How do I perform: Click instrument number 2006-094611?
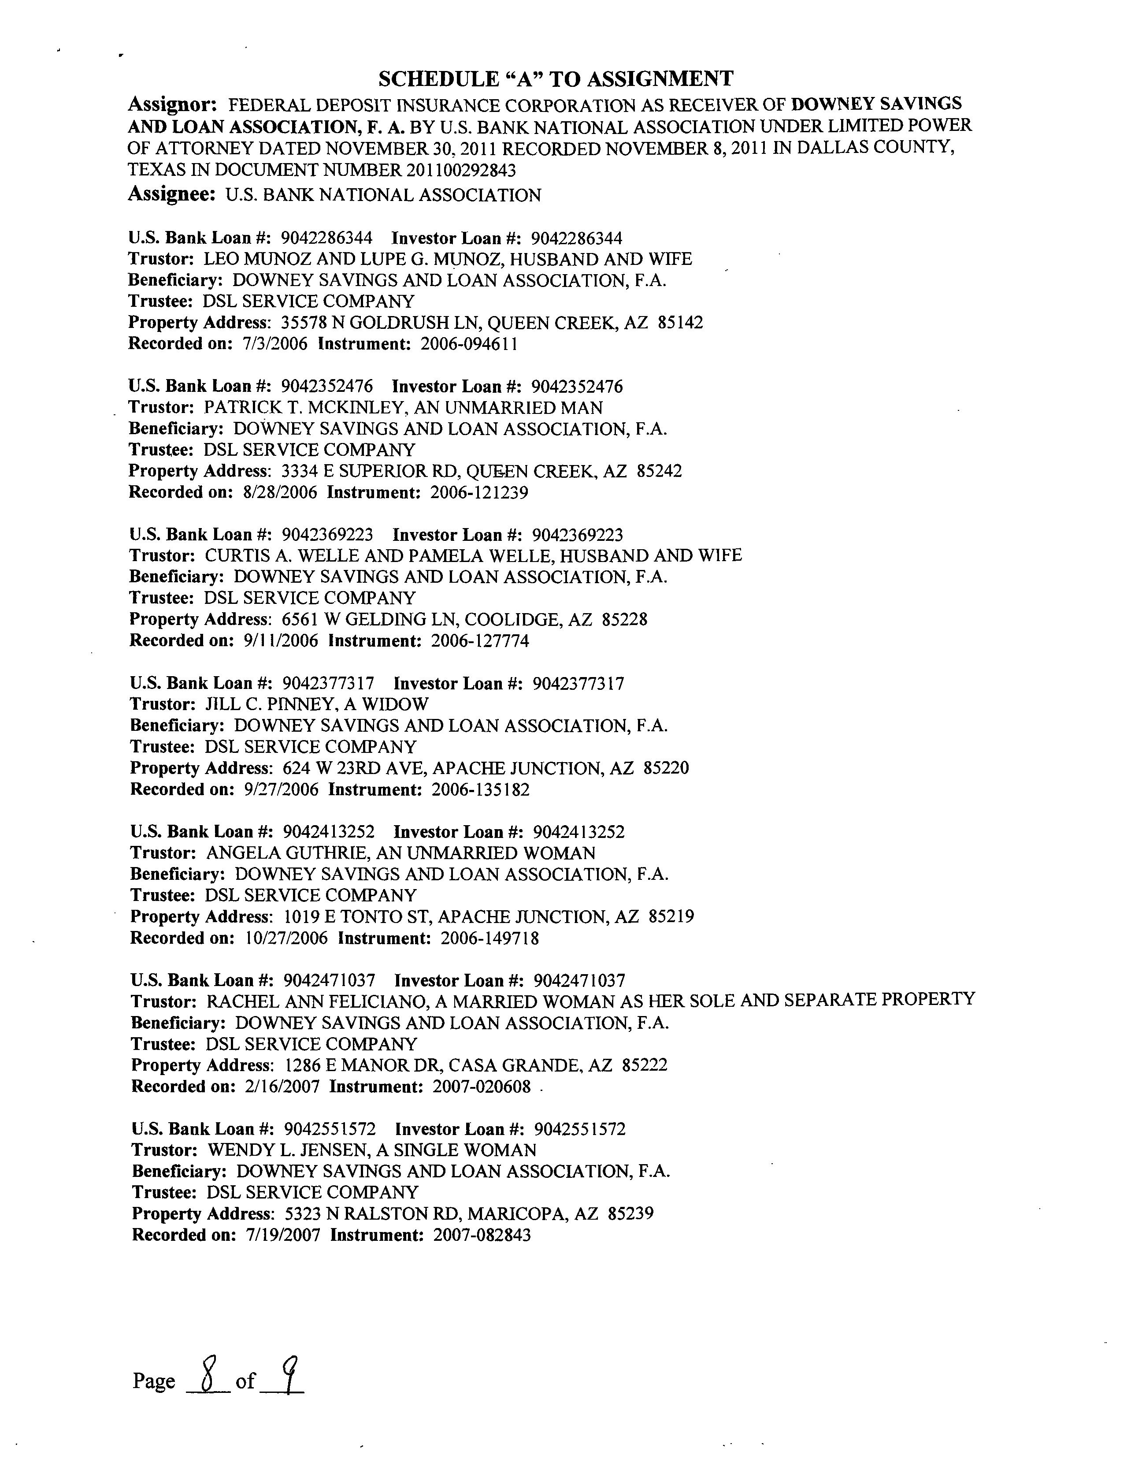(470, 344)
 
